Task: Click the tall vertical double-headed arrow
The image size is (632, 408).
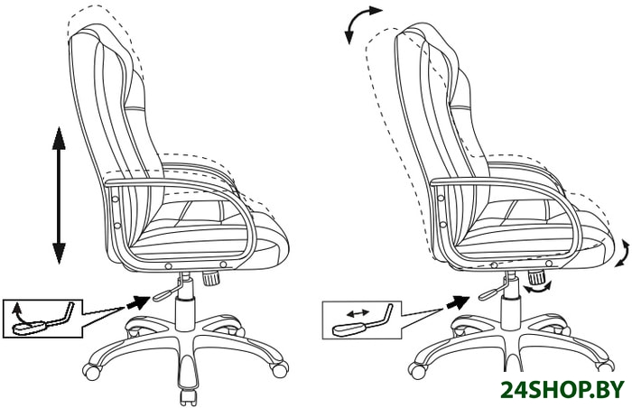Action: (x=60, y=195)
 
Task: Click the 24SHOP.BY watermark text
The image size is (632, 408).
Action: (x=562, y=390)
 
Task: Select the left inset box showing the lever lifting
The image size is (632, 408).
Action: (x=42, y=319)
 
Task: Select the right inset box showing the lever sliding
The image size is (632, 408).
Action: (x=362, y=320)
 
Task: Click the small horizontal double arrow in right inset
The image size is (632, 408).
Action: (x=358, y=312)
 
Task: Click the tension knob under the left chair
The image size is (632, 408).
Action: (x=210, y=278)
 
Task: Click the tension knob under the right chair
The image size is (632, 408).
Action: (x=536, y=277)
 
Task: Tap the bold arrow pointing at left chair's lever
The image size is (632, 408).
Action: (x=137, y=301)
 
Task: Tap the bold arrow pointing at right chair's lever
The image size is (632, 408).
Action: (x=458, y=302)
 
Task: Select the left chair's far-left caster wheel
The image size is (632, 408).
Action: (x=91, y=370)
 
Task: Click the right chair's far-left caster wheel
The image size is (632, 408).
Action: (x=417, y=371)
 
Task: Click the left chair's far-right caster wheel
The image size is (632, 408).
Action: (x=280, y=369)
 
